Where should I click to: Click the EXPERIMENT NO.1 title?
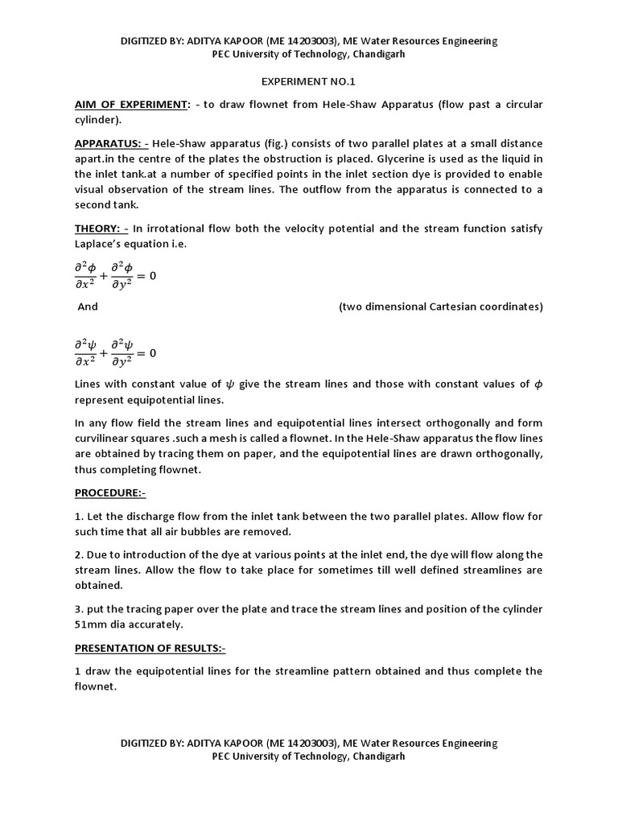[308, 82]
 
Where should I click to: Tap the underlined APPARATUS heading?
[111, 143]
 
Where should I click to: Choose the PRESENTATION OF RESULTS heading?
[150, 648]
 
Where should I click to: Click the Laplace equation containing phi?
[115, 275]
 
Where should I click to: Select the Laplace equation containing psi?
[115, 352]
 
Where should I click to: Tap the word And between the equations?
[88, 307]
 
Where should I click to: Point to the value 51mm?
[91, 624]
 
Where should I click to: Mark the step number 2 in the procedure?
[77, 554]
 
